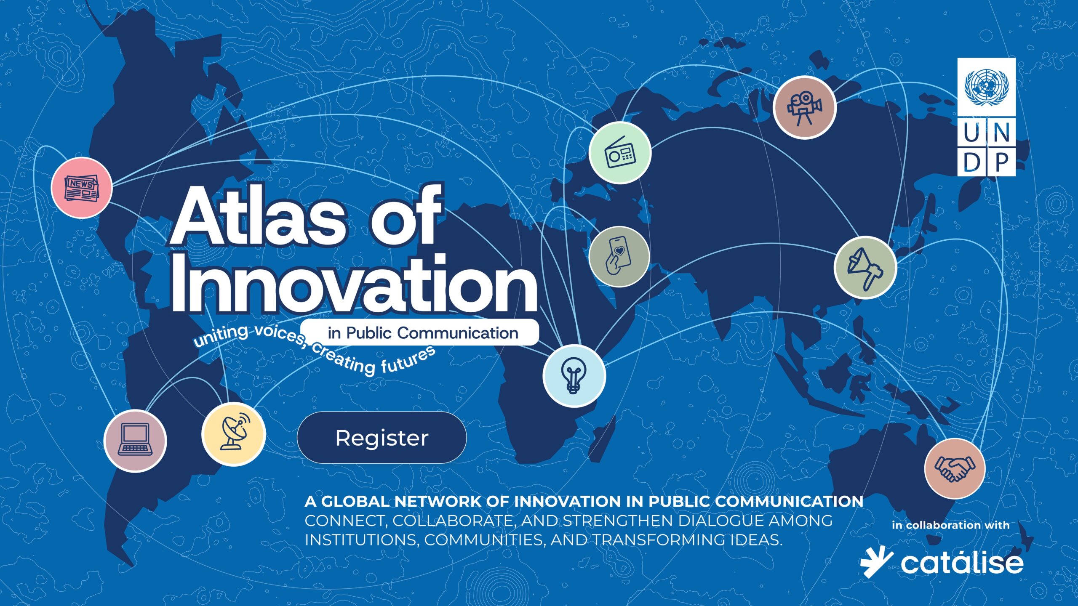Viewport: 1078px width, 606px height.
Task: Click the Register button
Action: [x=382, y=438]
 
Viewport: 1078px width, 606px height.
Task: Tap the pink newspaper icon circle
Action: [x=82, y=188]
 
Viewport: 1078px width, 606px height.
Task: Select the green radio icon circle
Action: [x=620, y=153]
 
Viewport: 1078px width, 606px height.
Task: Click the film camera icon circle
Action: [x=804, y=107]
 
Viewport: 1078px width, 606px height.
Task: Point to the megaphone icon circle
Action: [x=865, y=268]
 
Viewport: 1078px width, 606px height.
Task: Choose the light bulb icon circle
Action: [x=574, y=375]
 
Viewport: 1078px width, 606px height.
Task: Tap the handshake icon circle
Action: [x=955, y=468]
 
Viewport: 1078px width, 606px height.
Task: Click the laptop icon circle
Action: [x=135, y=441]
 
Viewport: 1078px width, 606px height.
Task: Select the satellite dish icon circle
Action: [x=234, y=433]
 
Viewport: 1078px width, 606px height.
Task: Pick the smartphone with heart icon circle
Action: [x=619, y=257]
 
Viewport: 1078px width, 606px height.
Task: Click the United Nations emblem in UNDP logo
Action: [x=986, y=88]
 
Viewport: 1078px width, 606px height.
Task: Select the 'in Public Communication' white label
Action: [x=421, y=333]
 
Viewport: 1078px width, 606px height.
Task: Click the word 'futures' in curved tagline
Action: [x=408, y=361]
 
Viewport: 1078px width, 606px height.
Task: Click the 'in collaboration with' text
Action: [x=950, y=525]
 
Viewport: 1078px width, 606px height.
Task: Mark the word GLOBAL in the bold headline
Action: [x=355, y=502]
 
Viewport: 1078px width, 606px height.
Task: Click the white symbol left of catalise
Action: [x=876, y=562]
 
